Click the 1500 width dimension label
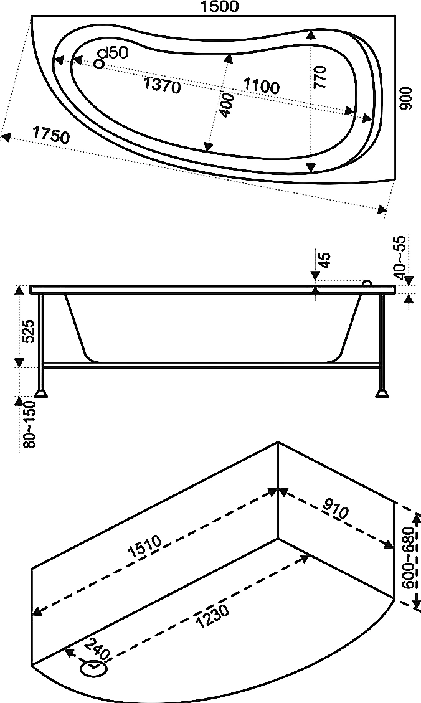(220, 7)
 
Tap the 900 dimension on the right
(406, 98)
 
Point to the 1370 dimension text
(162, 85)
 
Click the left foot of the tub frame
(42, 392)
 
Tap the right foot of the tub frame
(381, 392)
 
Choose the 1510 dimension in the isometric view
(145, 546)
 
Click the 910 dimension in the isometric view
(335, 511)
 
